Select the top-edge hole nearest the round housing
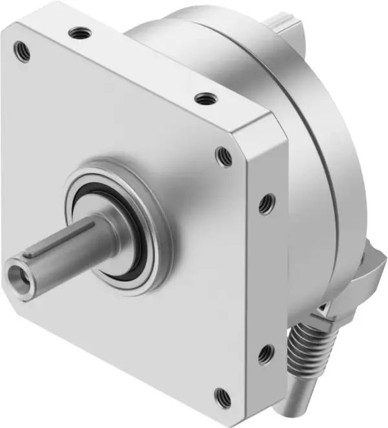pyautogui.click(x=206, y=99)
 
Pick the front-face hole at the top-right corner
pyautogui.click(x=224, y=156)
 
